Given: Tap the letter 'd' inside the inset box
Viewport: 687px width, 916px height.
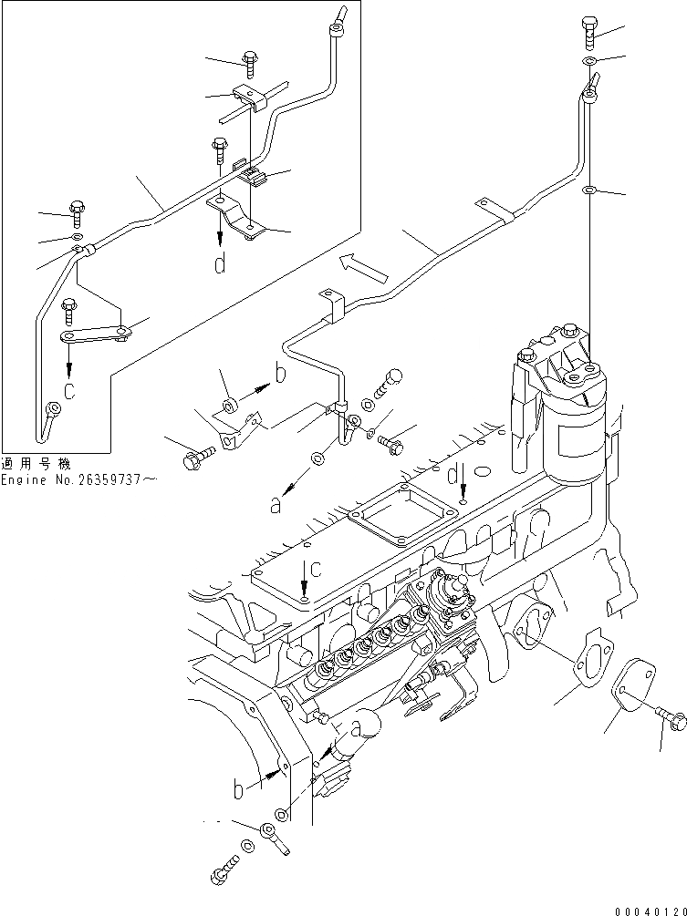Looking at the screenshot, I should coord(219,265).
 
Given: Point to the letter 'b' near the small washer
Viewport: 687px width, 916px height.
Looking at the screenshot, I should coord(280,375).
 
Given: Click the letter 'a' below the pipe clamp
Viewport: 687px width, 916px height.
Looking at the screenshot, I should coord(276,504).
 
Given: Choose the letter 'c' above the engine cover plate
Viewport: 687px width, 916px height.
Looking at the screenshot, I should coord(315,570).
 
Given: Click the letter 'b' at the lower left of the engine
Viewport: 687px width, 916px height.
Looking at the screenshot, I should coord(238,788).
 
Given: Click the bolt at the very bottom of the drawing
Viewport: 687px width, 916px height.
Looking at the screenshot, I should coord(222,873).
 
